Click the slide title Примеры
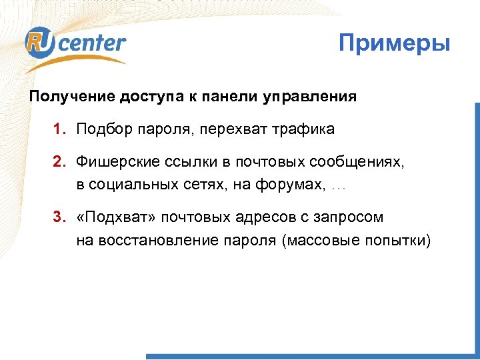tap(395, 45)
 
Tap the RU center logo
tap(75, 45)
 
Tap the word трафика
tap(303, 129)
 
